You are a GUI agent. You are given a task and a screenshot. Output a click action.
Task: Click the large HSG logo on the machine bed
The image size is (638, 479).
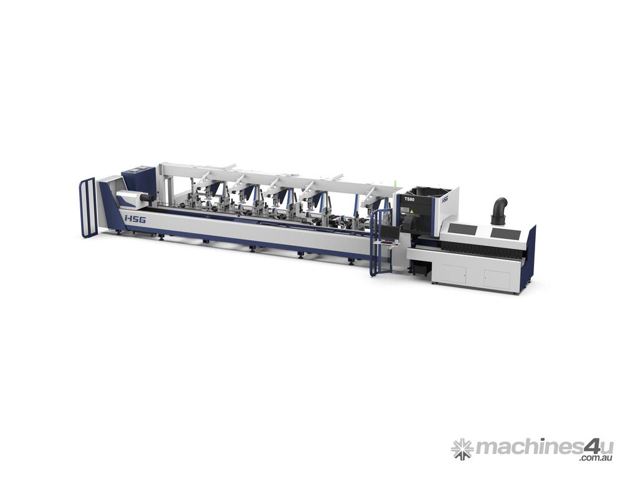click(135, 220)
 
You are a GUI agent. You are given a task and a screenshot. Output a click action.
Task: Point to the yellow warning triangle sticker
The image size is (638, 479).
click(411, 212)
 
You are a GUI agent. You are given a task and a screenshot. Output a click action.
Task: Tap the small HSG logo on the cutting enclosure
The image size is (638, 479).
click(445, 200)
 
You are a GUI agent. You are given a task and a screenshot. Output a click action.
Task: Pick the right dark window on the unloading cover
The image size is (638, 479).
click(505, 233)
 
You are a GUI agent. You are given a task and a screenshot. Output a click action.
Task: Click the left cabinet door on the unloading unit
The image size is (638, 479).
click(454, 273)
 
